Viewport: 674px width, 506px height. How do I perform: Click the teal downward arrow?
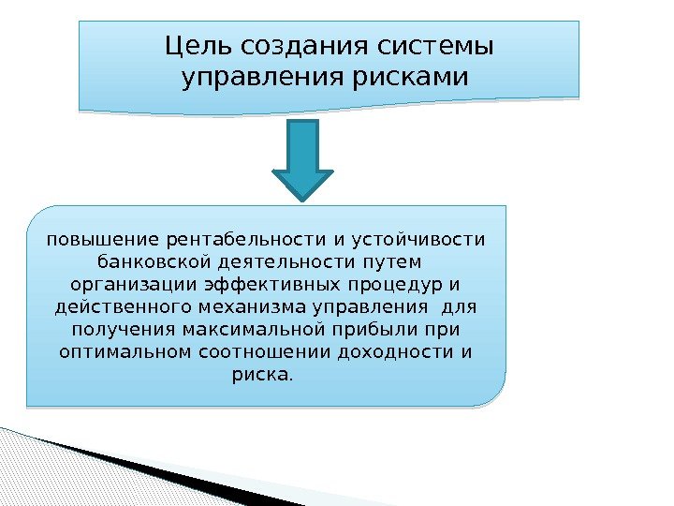tap(301, 159)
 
